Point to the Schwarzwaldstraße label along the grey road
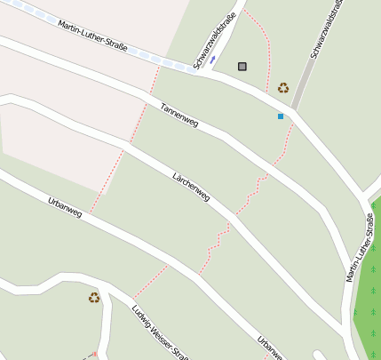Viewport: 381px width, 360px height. pos(327,31)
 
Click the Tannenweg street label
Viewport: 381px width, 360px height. pos(179,114)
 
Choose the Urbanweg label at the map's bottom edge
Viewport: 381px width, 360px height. pos(271,348)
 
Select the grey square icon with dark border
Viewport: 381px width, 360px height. pos(242,66)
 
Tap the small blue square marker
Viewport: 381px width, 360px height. pos(281,116)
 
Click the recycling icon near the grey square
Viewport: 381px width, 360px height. pos(283,87)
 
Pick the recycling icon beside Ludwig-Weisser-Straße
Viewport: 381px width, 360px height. pos(94,298)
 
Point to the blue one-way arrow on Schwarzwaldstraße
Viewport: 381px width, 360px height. pos(213,59)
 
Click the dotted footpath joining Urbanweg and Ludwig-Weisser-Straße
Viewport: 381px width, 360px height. pos(150,281)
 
